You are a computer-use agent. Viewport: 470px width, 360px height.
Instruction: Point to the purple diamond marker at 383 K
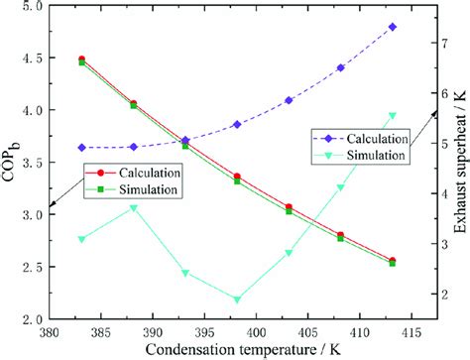pos(81,147)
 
